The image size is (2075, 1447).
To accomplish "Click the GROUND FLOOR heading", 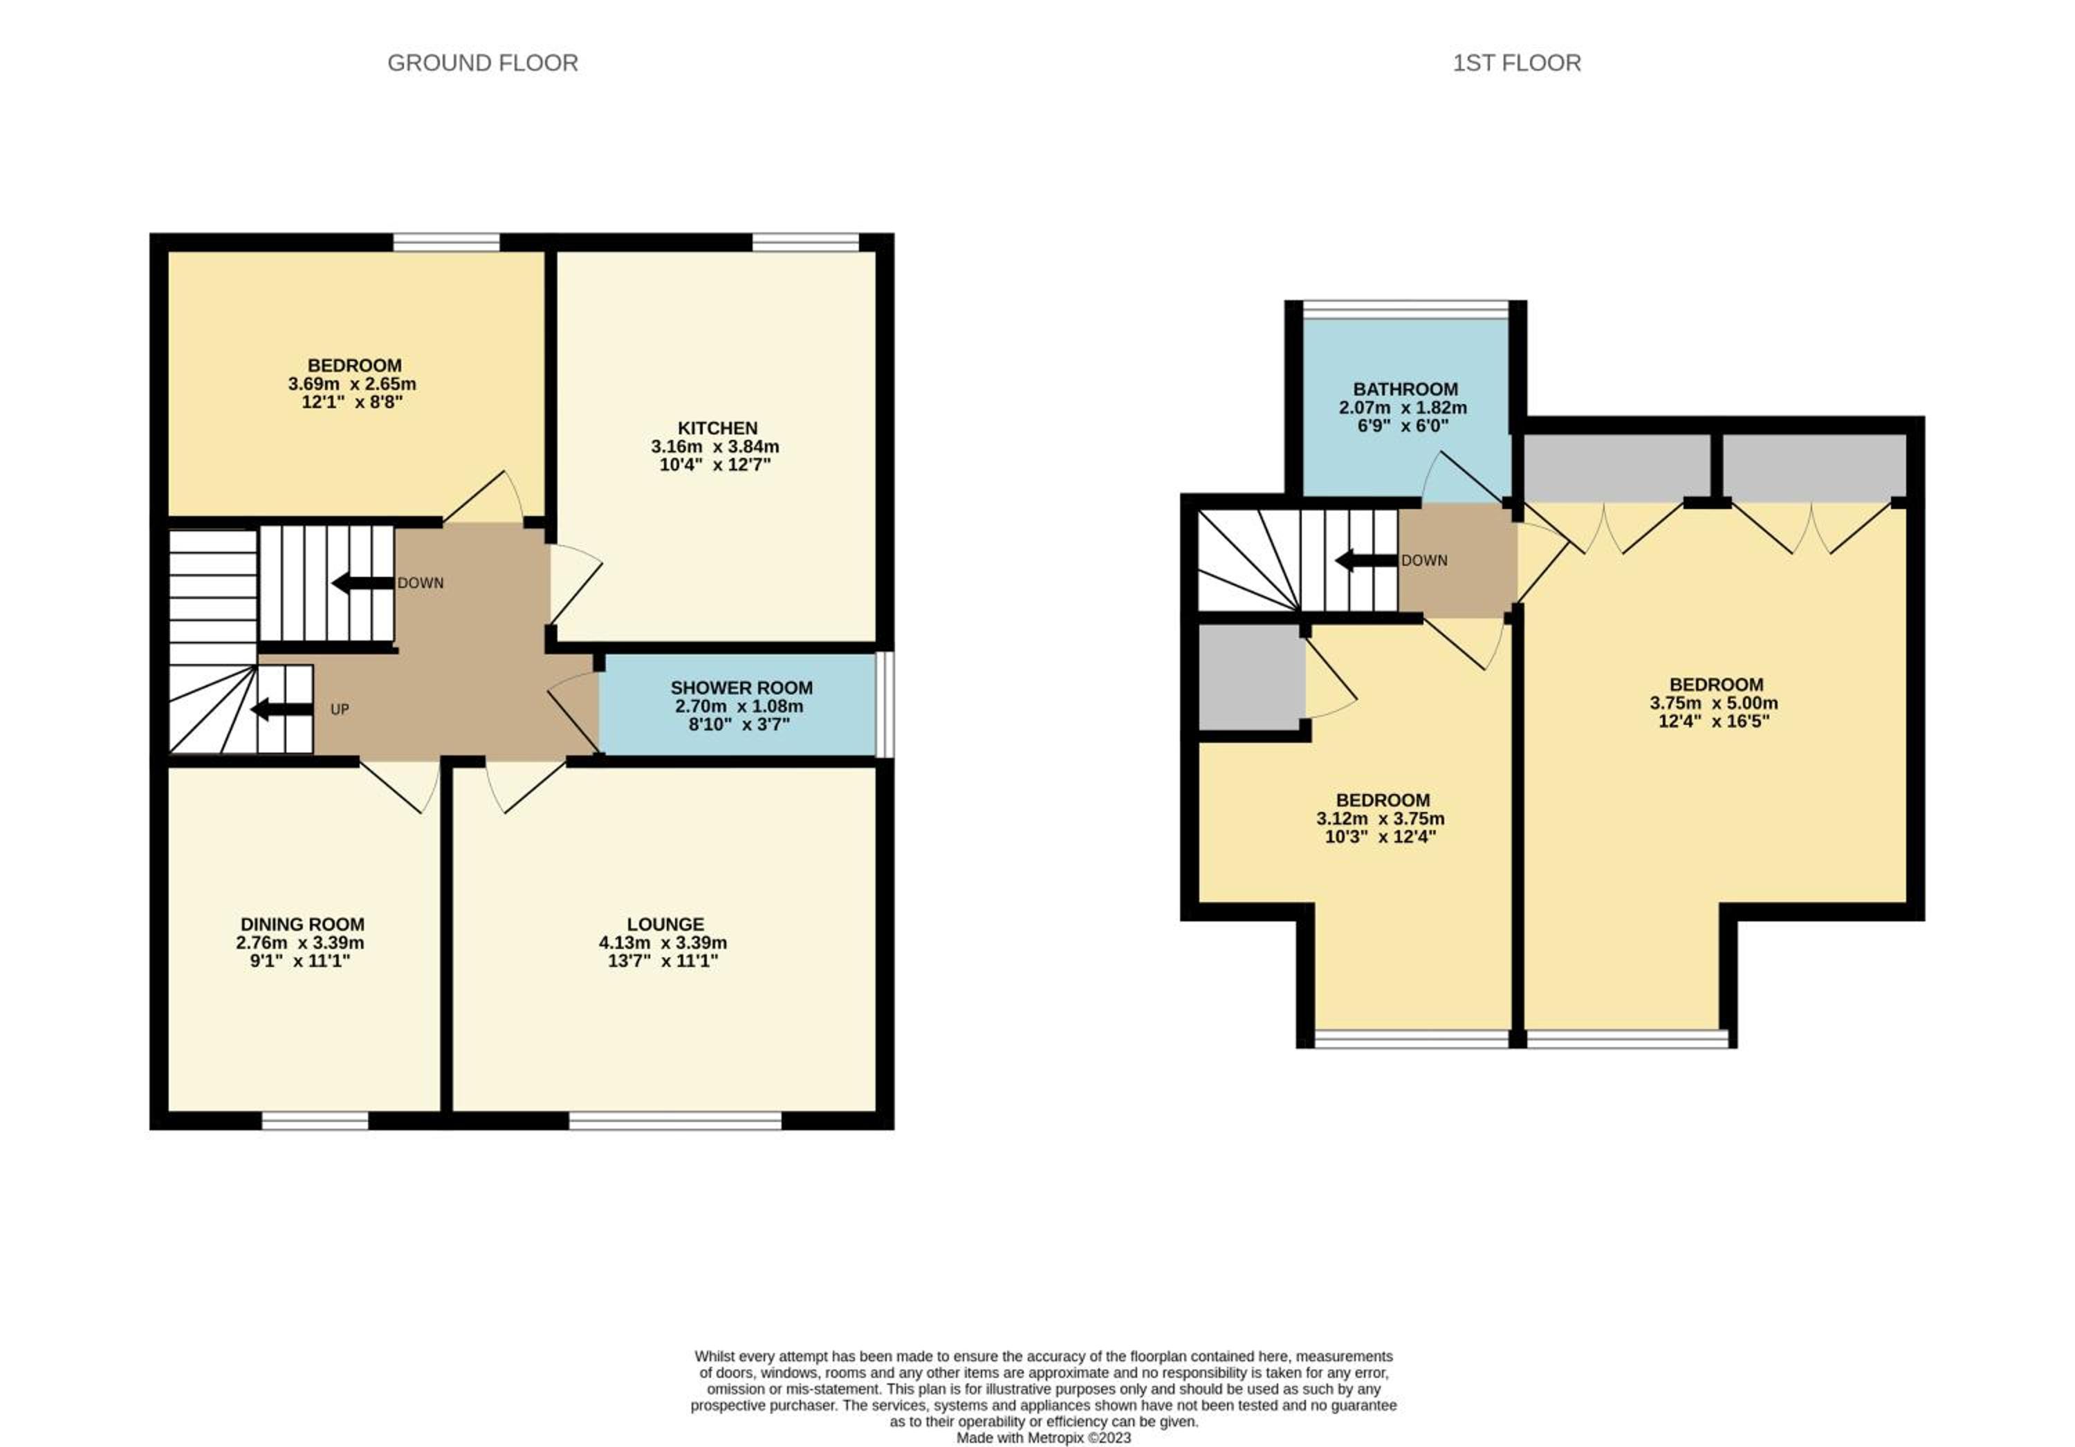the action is pos(483,63).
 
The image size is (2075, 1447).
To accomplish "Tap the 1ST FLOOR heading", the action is pos(1517,63).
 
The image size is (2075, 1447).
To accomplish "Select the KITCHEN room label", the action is pos(717,427).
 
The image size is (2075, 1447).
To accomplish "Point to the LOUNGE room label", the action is pos(665,923).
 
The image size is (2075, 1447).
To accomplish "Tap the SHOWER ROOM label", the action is pos(741,688).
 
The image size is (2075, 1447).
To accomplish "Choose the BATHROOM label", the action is pos(1405,389).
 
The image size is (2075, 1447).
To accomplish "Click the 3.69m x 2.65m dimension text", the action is pos(353,383).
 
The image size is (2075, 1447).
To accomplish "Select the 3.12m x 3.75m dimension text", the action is pos(1381,819).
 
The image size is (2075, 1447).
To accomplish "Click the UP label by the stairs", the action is pos(340,710).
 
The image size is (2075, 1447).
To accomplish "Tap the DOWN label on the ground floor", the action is pos(421,583).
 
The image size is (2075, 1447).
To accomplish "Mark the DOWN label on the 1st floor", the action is pos(1424,560).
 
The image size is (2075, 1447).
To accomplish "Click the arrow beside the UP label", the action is pos(281,710).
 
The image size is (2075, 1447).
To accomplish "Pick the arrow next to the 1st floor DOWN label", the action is pos(1367,560).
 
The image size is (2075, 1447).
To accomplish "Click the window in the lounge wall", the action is pos(675,1121).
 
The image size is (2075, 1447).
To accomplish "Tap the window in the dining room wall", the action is pos(315,1121).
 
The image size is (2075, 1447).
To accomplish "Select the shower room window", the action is pos(885,704).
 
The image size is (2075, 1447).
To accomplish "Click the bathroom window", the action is pos(1405,310).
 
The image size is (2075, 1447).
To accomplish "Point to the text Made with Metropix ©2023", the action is pos(1044,1438).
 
